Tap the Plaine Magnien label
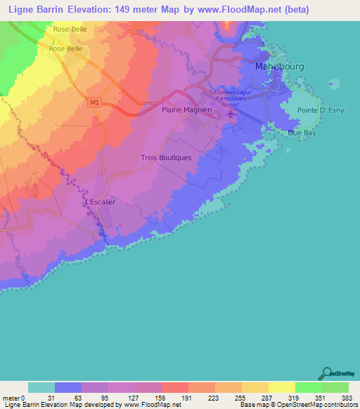tap(186, 110)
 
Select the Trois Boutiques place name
tap(166, 157)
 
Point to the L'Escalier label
tap(100, 202)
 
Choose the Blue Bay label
tap(302, 132)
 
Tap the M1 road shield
tap(95, 103)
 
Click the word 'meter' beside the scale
tap(11, 397)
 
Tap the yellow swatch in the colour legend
tap(281, 387)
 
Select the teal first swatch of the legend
tap(41, 387)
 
